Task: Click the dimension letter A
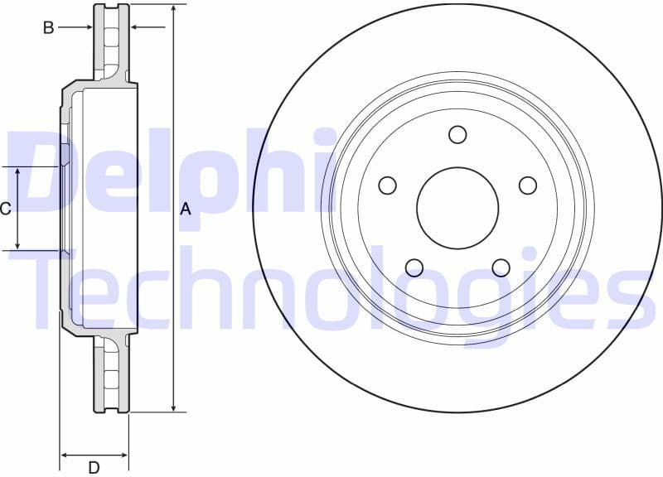point(186,210)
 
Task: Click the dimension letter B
point(49,28)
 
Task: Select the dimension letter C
point(6,209)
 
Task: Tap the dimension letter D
point(94,468)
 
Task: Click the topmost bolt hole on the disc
point(457,134)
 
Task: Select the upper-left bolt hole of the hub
point(387,185)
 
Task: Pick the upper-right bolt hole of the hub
point(528,185)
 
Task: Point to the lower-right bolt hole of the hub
point(501,267)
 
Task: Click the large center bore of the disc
point(457,208)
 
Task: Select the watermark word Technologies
point(331,290)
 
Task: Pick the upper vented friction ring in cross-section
point(112,41)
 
